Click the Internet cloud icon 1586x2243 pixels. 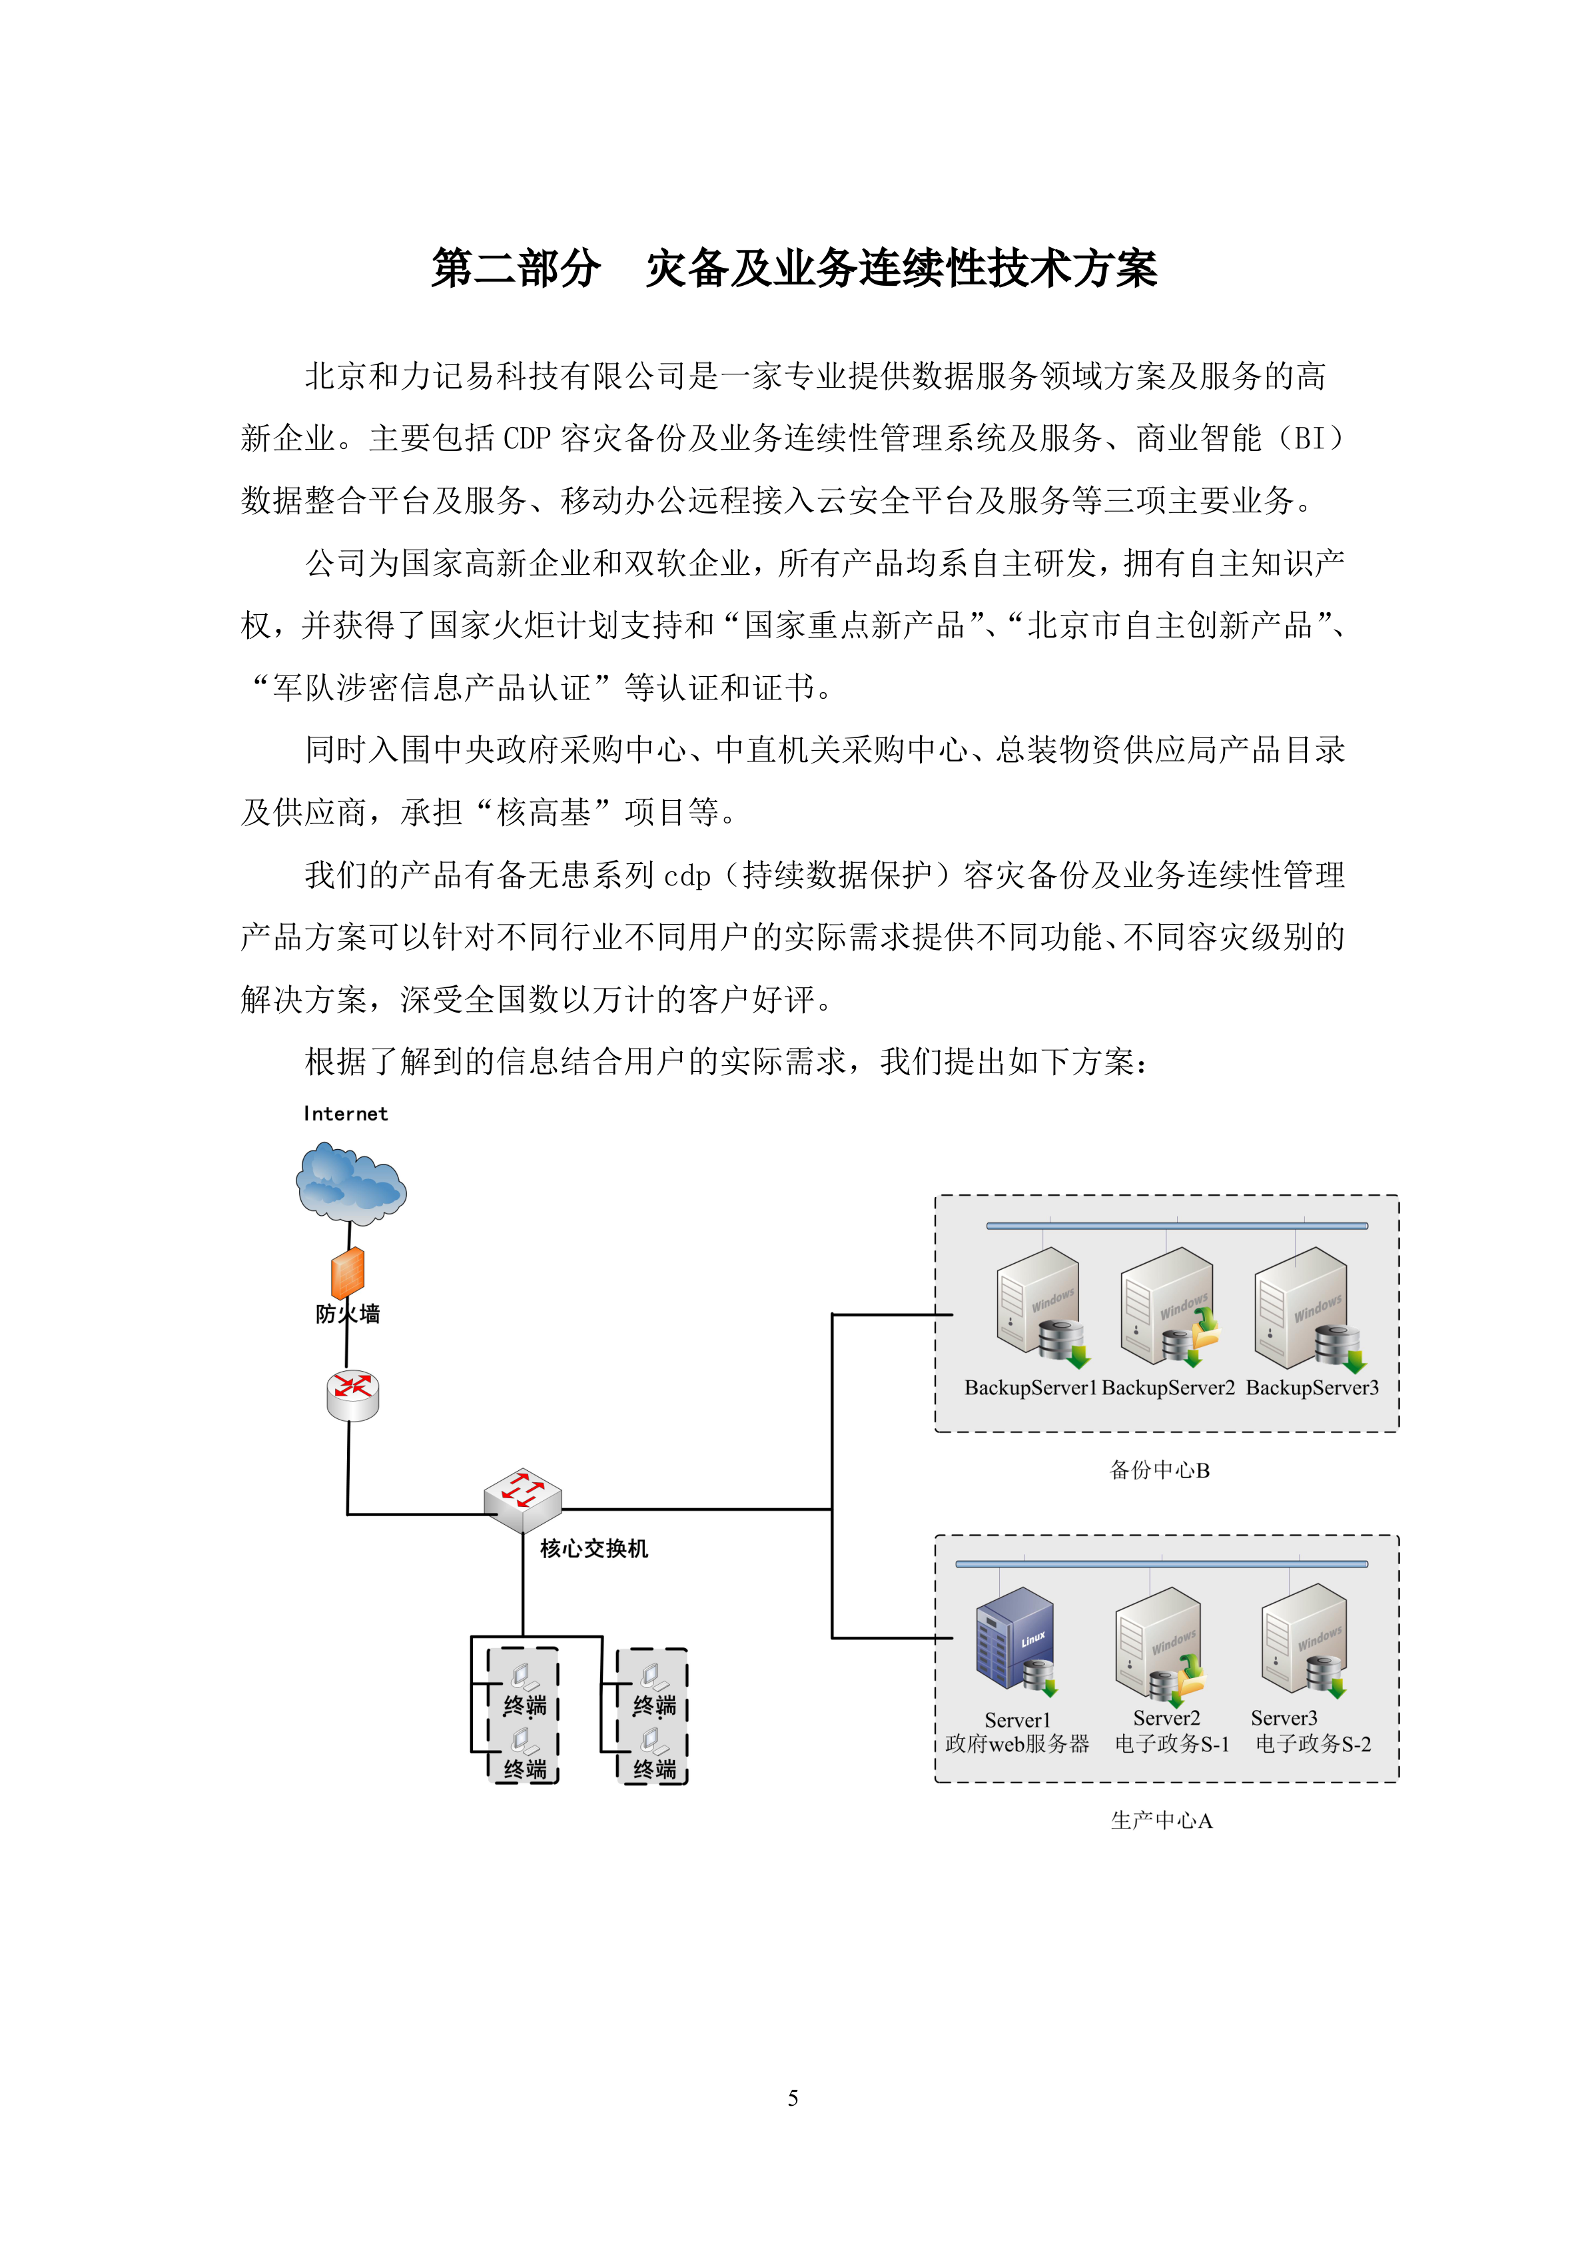tap(350, 1185)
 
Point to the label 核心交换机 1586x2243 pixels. tap(594, 1548)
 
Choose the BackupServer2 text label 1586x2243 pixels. tap(1168, 1388)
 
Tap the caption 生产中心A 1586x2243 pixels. tap(1161, 1820)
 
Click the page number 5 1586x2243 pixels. tap(793, 2097)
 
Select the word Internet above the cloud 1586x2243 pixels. tap(346, 1114)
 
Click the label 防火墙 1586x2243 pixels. tap(348, 1314)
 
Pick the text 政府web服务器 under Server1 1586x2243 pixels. tap(1016, 1744)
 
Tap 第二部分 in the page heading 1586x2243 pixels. tap(516, 268)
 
